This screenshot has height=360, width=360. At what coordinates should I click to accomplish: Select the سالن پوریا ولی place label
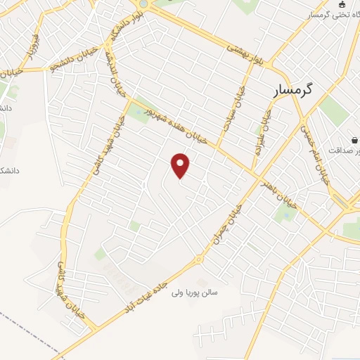click(196, 290)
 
